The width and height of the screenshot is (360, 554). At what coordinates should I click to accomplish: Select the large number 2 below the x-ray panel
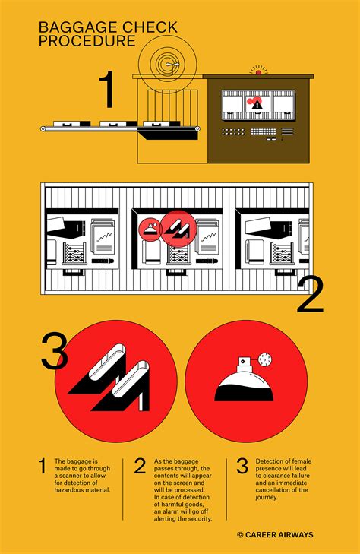(310, 296)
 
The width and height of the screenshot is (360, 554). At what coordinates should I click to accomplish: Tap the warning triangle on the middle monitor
(256, 104)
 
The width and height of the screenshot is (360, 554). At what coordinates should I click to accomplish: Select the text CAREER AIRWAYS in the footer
(279, 534)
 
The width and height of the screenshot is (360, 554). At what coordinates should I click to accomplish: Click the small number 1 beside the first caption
(43, 466)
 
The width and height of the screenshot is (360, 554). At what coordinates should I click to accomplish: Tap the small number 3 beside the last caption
(242, 466)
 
